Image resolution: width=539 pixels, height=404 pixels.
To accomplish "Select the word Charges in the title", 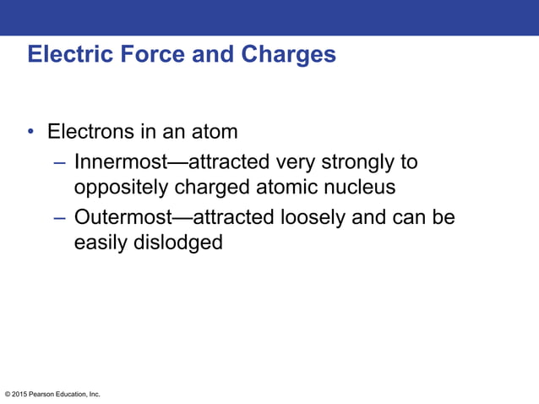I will pyautogui.click(x=289, y=55).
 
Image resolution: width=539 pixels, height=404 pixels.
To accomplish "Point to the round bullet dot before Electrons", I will pyautogui.click(x=30, y=133).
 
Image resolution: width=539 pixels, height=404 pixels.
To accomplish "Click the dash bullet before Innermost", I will pyautogui.click(x=59, y=161).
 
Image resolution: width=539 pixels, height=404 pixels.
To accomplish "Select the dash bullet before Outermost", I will pyautogui.click(x=59, y=218).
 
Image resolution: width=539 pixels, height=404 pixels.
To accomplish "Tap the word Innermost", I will pyautogui.click(x=117, y=161).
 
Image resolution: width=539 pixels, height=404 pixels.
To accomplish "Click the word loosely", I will pyautogui.click(x=312, y=218).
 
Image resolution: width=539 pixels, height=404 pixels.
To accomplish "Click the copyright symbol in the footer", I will pyautogui.click(x=8, y=395).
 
